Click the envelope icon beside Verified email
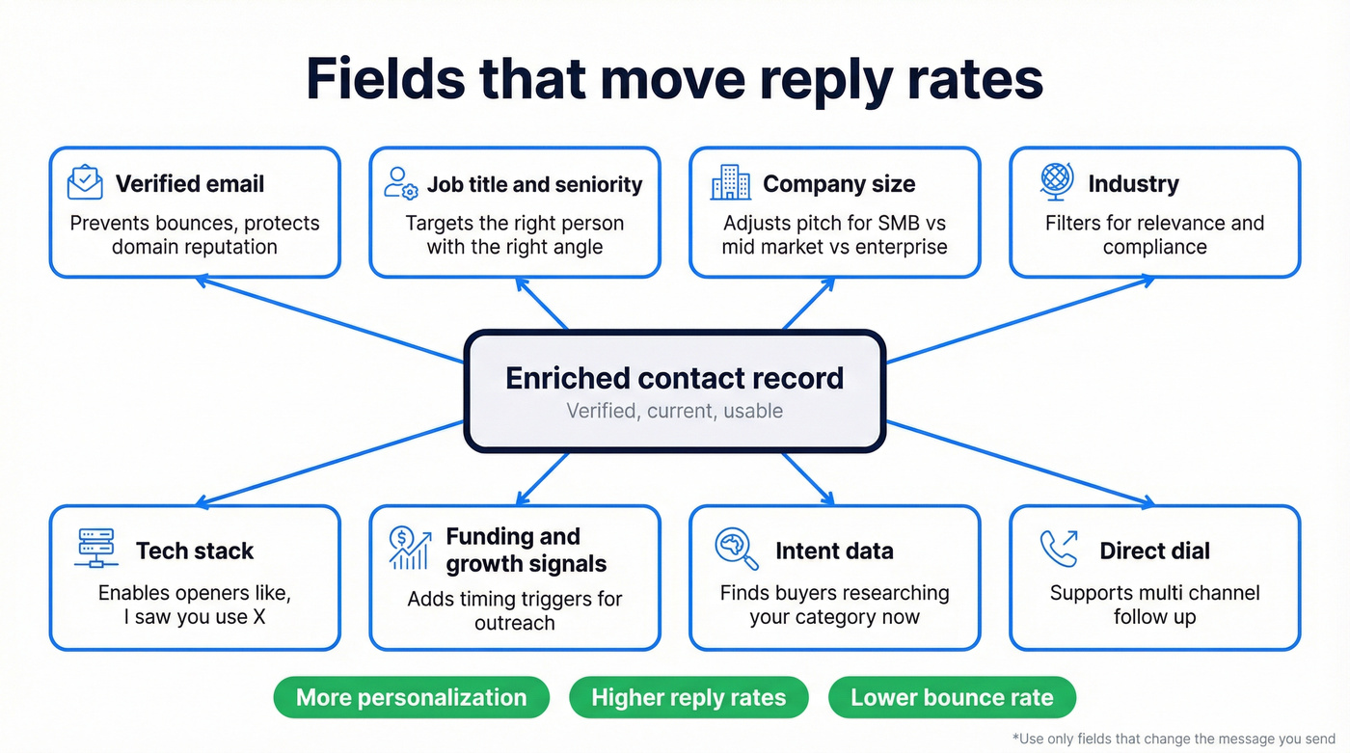pyautogui.click(x=85, y=182)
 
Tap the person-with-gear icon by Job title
pyautogui.click(x=400, y=183)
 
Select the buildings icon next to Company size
pyautogui.click(x=730, y=182)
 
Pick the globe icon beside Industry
pyautogui.click(x=1057, y=181)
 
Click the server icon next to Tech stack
pyautogui.click(x=96, y=548)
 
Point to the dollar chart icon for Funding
pyautogui.click(x=409, y=548)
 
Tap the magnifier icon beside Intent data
pyautogui.click(x=737, y=548)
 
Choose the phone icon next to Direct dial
pyautogui.click(x=1059, y=549)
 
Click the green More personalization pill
pyautogui.click(x=411, y=697)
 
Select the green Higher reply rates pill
pyautogui.click(x=688, y=697)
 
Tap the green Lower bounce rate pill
pyautogui.click(x=952, y=697)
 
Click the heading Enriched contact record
pyautogui.click(x=674, y=378)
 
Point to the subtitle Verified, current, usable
pyautogui.click(x=674, y=411)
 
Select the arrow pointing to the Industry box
pyautogui.click(x=1022, y=319)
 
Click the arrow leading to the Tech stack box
pyautogui.click(x=328, y=464)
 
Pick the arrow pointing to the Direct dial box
pyautogui.click(x=1022, y=464)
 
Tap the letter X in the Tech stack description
pyautogui.click(x=257, y=617)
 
